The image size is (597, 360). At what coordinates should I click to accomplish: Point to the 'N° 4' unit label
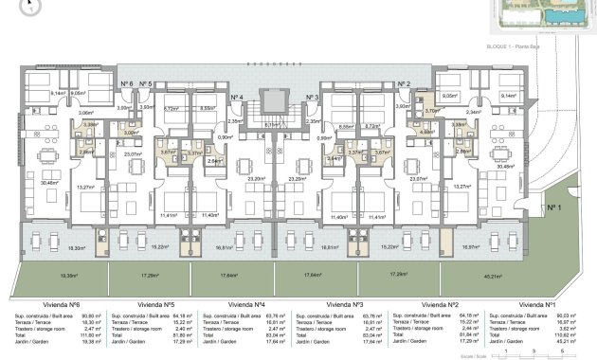pos(238,98)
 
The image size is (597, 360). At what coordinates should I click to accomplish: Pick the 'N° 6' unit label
pos(126,84)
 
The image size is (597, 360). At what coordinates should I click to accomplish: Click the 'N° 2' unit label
pos(404,84)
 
